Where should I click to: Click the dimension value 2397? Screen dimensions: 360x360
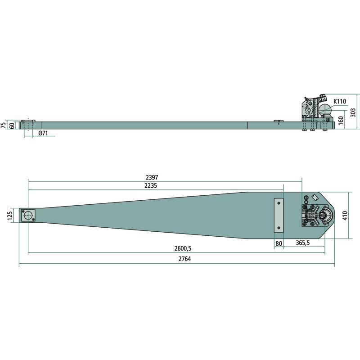[152, 177]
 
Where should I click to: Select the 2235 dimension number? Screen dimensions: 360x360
[151, 186]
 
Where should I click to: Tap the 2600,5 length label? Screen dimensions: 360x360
[183, 248]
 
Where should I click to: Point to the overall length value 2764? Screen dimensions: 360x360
[184, 259]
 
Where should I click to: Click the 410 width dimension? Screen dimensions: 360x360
[345, 216]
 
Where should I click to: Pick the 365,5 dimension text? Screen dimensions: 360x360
[302, 243]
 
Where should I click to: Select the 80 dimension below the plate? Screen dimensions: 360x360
[279, 243]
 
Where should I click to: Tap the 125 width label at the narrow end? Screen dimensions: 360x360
[10, 216]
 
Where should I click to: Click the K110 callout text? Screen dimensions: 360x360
[340, 101]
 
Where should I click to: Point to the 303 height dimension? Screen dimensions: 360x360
[354, 112]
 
